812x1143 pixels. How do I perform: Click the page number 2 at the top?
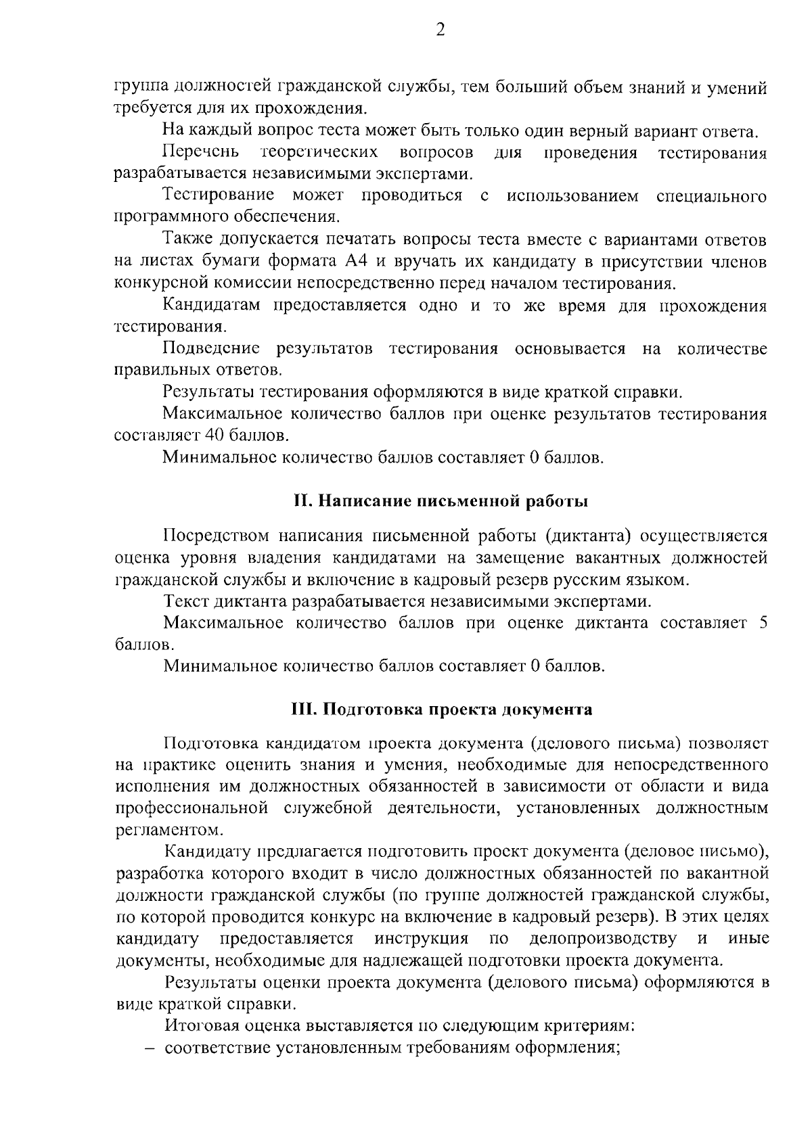(440, 30)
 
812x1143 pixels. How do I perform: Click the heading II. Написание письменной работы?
(441, 502)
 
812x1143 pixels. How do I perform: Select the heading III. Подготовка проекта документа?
(441, 709)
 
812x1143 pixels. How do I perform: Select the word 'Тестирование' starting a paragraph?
(218, 196)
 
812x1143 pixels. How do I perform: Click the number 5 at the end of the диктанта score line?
(763, 623)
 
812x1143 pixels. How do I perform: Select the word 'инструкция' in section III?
(422, 939)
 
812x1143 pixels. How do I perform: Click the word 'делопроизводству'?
(603, 939)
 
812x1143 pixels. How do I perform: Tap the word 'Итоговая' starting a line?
(201, 1026)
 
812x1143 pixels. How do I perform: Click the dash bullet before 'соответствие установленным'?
(153, 1048)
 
